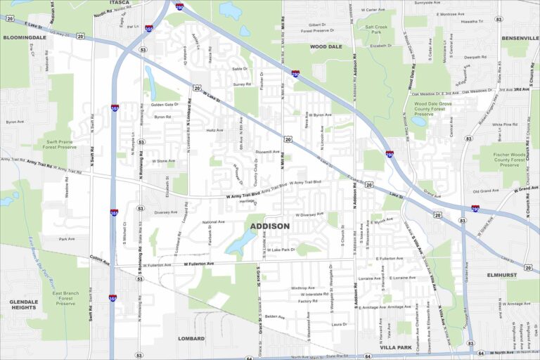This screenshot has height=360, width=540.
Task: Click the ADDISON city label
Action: tap(269, 226)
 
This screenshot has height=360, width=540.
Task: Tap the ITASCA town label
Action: tap(120, 3)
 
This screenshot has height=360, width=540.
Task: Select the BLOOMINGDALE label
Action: tap(24, 37)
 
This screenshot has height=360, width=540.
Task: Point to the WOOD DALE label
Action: tap(326, 46)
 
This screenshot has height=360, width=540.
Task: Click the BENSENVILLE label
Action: tap(520, 37)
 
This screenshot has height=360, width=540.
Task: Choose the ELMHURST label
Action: tap(502, 275)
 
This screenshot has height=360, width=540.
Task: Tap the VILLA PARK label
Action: tap(394, 347)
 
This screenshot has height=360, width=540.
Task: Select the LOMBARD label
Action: tap(191, 338)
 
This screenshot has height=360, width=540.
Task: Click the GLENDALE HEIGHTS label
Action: tap(23, 304)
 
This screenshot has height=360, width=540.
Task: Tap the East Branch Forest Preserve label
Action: tap(65, 297)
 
